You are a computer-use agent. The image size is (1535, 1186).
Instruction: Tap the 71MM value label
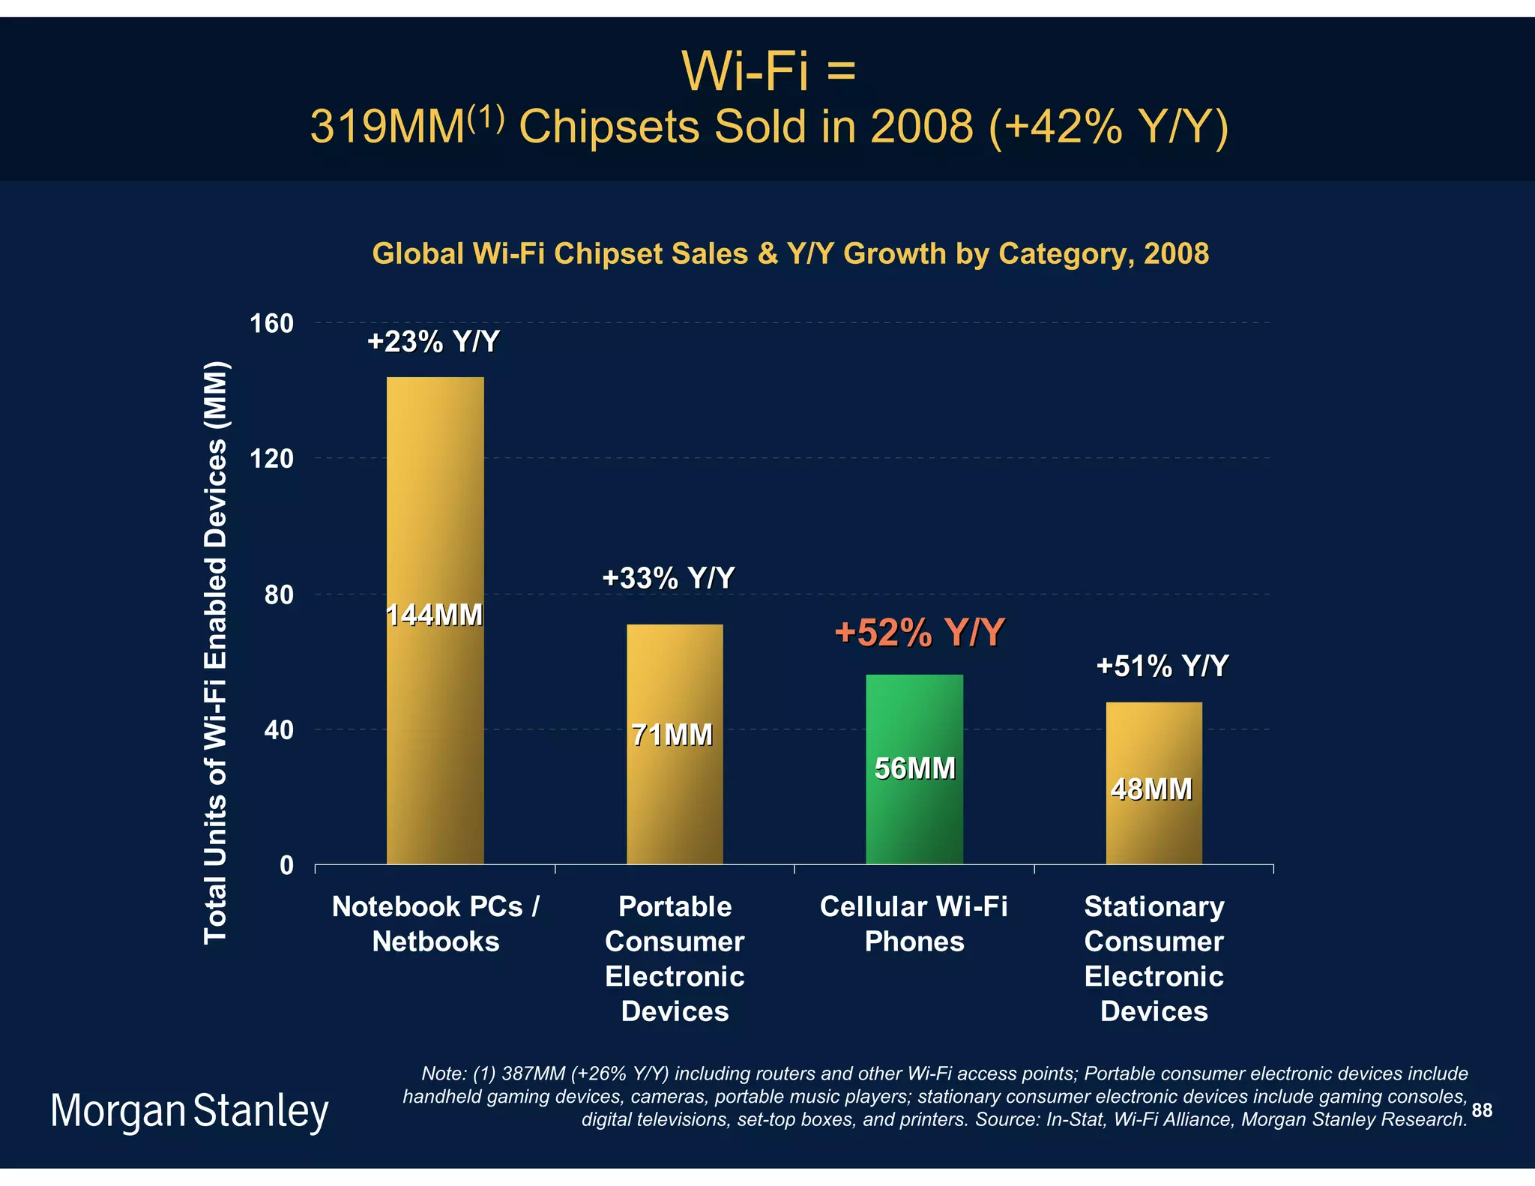click(672, 735)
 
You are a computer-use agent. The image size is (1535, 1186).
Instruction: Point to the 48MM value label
click(1151, 789)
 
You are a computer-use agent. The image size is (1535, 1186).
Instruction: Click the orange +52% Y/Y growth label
click(919, 633)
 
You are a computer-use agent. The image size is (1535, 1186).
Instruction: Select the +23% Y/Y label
click(433, 342)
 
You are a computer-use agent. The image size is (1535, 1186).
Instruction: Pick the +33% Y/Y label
click(669, 578)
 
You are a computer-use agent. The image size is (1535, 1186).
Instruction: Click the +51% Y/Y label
click(1162, 666)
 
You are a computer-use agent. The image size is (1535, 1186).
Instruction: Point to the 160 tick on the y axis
click(271, 324)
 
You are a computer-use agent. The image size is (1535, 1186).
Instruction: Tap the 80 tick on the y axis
click(278, 595)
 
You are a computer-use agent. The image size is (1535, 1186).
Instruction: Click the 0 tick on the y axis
click(286, 866)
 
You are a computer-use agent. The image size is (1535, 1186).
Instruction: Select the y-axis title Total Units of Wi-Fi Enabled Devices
click(216, 652)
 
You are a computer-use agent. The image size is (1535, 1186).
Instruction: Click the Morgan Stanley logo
click(189, 1111)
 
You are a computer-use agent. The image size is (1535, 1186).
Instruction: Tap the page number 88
click(1482, 1110)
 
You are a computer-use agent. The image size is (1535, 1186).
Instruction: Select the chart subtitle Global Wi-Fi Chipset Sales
click(790, 253)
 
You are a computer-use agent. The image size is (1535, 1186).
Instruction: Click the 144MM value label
click(434, 615)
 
